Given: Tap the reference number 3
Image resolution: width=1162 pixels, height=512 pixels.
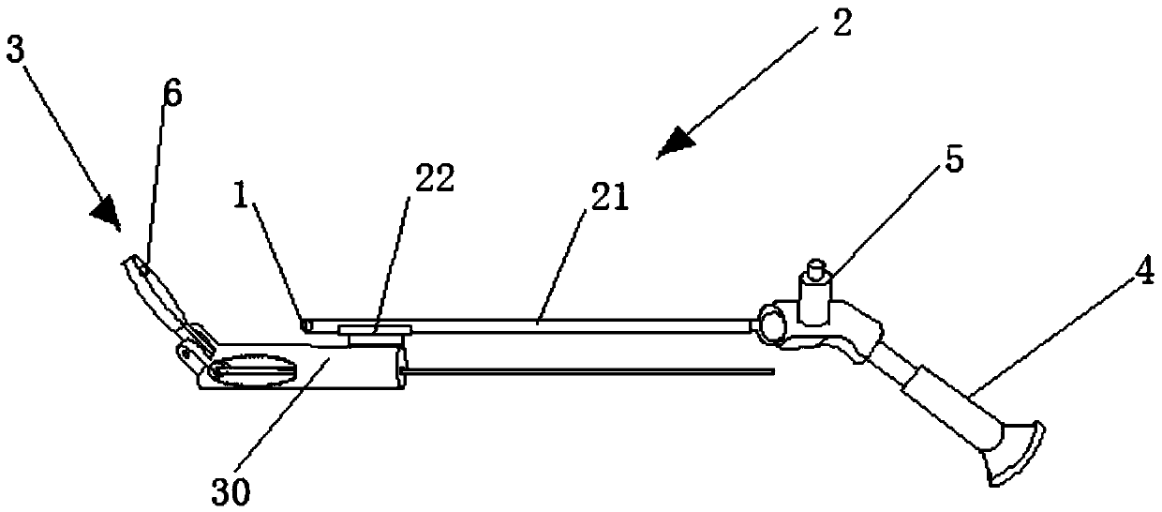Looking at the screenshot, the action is (x=15, y=51).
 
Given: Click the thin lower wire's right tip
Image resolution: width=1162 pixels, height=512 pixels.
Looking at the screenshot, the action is (x=774, y=373).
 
